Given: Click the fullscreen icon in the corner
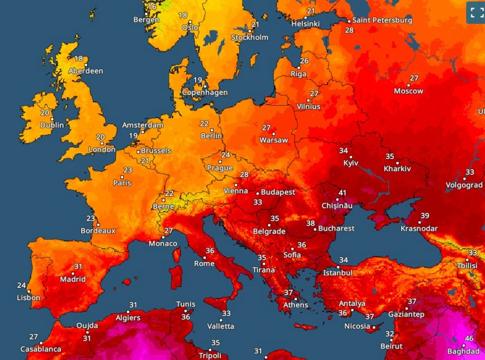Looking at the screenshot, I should (475, 12).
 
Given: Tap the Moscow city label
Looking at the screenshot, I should (408, 91).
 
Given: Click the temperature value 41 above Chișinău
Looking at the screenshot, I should (342, 193).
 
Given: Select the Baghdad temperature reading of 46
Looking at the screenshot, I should (469, 339).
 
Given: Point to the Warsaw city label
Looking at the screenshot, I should (273, 140).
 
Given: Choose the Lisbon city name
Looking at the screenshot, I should (28, 298).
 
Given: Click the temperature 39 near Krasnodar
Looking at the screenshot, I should (425, 216).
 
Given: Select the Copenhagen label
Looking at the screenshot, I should (205, 93).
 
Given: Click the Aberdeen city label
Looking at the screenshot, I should (86, 71).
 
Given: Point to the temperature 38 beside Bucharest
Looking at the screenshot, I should (311, 224).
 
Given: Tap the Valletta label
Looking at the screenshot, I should (220, 326).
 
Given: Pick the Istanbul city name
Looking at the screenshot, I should (337, 273).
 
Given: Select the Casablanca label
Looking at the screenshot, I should (41, 349).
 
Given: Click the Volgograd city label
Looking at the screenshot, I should (464, 185).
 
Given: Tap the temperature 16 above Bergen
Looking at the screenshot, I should (152, 7).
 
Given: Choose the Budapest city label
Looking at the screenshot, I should (278, 192).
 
